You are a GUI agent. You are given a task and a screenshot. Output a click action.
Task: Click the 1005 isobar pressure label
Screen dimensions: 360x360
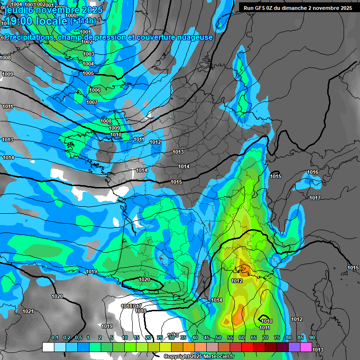[x=88, y=73]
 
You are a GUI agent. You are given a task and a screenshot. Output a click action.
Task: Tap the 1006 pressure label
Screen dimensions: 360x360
[x=95, y=90]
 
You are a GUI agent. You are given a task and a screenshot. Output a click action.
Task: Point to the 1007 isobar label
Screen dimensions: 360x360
[x=92, y=102]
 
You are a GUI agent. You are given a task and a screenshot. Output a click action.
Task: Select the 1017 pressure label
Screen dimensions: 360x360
[x=315, y=198]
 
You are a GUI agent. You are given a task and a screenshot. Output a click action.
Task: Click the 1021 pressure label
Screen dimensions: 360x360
[x=28, y=311]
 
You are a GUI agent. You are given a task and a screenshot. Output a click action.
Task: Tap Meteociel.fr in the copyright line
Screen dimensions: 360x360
[x=217, y=357]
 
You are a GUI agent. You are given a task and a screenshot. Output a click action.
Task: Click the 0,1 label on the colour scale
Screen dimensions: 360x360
[x=55, y=337]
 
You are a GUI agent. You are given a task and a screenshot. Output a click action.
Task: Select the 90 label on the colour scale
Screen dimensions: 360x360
[x=312, y=337]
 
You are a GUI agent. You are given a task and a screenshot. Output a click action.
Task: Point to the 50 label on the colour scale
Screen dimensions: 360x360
[x=218, y=337]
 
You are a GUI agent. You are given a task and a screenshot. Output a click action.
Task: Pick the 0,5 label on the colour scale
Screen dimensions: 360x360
[x=78, y=337]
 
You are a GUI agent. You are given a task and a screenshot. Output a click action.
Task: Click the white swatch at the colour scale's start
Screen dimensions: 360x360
[x=48, y=347]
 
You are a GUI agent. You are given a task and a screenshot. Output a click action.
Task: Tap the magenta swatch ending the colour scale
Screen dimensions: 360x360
[x=306, y=347]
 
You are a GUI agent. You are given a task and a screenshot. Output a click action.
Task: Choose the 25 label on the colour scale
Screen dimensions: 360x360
[x=160, y=337]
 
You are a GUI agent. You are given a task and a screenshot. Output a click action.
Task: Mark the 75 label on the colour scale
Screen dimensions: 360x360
[x=277, y=337]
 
